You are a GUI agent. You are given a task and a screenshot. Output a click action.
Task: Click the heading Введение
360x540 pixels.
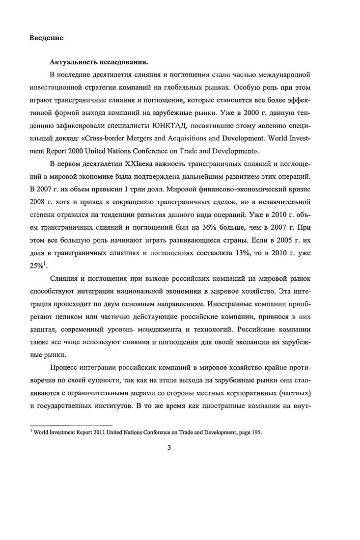46,37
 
